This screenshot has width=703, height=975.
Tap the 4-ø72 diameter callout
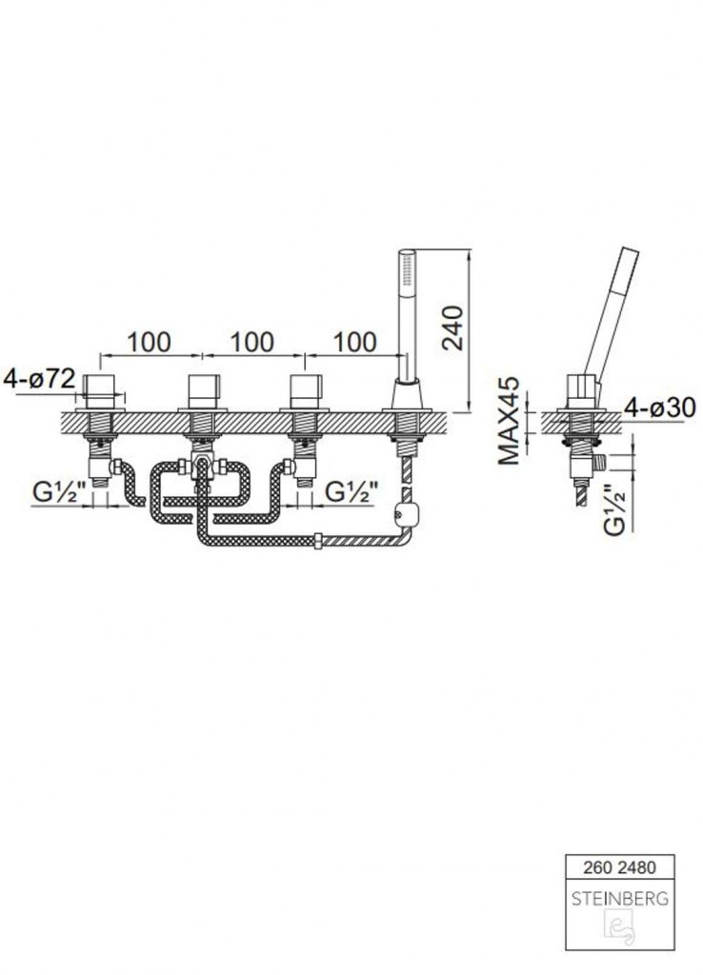pyautogui.click(x=39, y=379)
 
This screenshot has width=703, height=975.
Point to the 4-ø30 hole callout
pyautogui.click(x=660, y=408)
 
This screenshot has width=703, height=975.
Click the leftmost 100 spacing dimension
pyautogui.click(x=150, y=342)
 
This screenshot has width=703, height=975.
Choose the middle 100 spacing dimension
pyautogui.click(x=252, y=342)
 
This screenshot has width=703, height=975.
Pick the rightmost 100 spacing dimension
pyautogui.click(x=355, y=342)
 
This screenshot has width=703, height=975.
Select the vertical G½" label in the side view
pyautogui.click(x=614, y=510)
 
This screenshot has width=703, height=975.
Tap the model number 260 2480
pyautogui.click(x=619, y=866)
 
